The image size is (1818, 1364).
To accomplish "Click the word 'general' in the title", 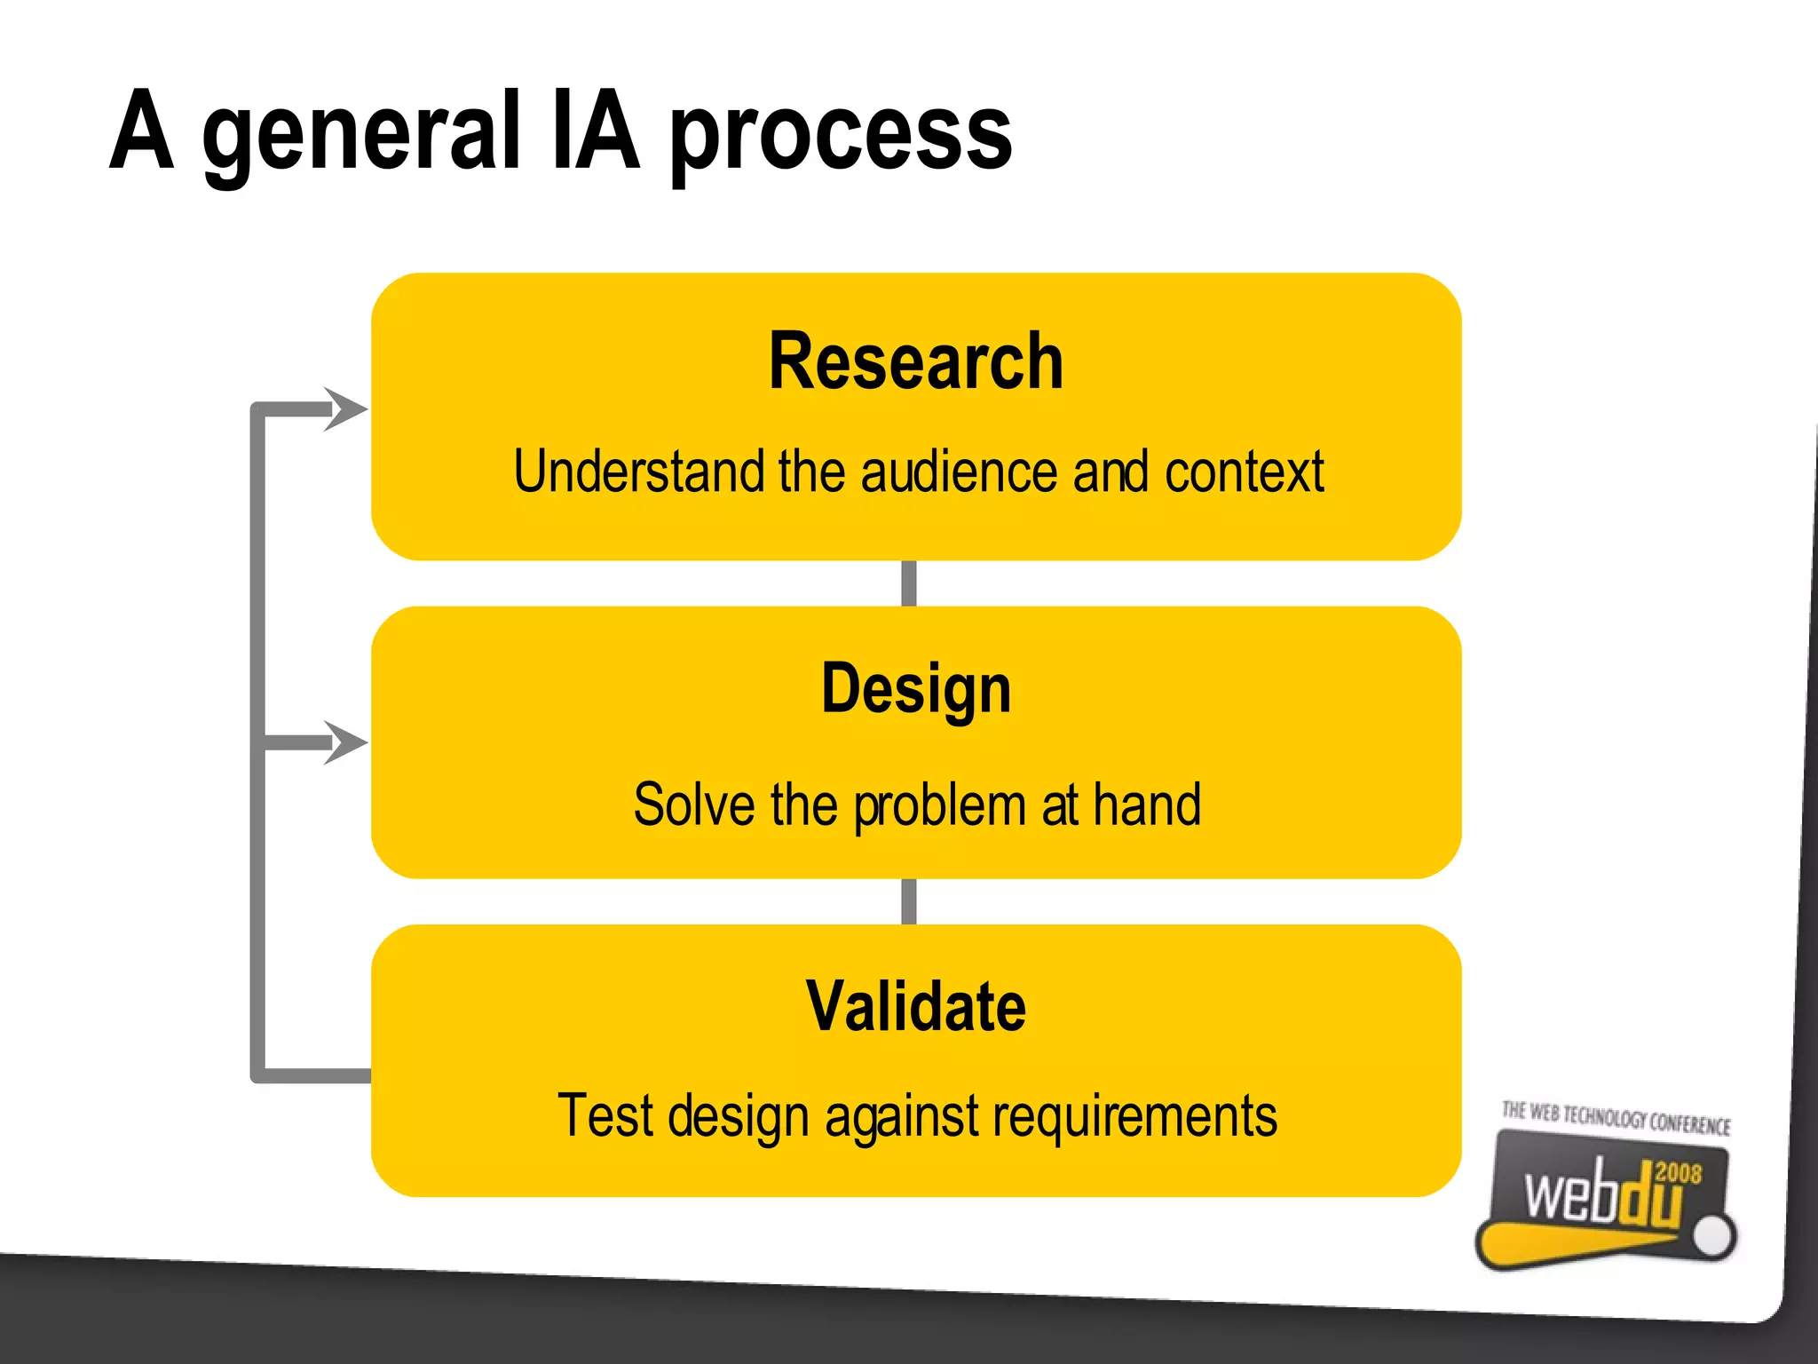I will [360, 133].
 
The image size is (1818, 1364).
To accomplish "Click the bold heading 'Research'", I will [915, 361].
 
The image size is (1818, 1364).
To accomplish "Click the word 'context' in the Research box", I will [1244, 472].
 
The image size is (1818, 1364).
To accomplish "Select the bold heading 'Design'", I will [915, 689].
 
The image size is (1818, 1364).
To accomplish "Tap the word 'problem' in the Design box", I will [939, 806].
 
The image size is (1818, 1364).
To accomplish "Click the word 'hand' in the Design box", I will [1146, 805].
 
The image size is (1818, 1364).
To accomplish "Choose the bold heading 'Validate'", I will [915, 1006].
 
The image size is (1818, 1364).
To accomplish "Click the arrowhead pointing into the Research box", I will [347, 409].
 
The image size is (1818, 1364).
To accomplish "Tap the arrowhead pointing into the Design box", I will [347, 742].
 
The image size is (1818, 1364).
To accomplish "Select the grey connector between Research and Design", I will [908, 583].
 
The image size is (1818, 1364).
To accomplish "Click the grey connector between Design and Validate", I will [908, 901].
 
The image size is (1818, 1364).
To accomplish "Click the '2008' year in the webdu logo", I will [1678, 1173].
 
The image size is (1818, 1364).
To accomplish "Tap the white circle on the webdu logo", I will [1712, 1235].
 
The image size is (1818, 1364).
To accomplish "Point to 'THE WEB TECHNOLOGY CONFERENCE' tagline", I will [1615, 1117].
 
